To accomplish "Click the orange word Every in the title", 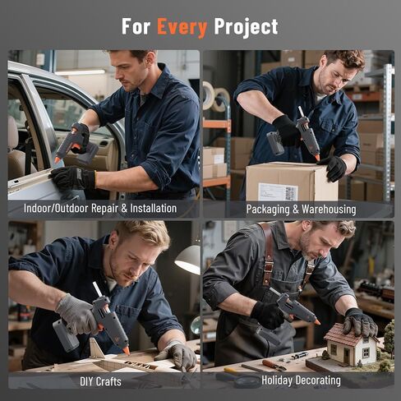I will (182, 26).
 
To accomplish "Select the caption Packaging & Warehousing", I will (301, 210).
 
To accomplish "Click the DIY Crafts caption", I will (102, 381).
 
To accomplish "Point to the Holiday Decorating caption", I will (301, 380).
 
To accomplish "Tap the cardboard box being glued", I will (290, 182).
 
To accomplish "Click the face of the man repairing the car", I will (128, 72).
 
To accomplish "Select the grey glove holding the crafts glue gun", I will (77, 315).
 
